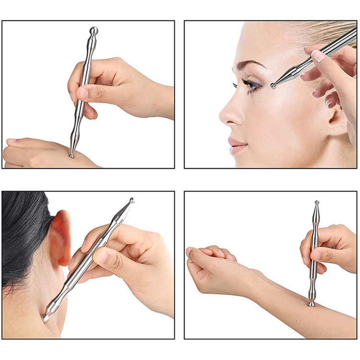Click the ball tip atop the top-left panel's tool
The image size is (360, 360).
94,31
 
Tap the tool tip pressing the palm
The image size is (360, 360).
72,155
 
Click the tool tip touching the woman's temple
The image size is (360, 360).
273,86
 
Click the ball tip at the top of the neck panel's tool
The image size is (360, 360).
132,200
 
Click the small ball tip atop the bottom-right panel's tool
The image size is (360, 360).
316,203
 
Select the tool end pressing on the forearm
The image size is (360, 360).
312,303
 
